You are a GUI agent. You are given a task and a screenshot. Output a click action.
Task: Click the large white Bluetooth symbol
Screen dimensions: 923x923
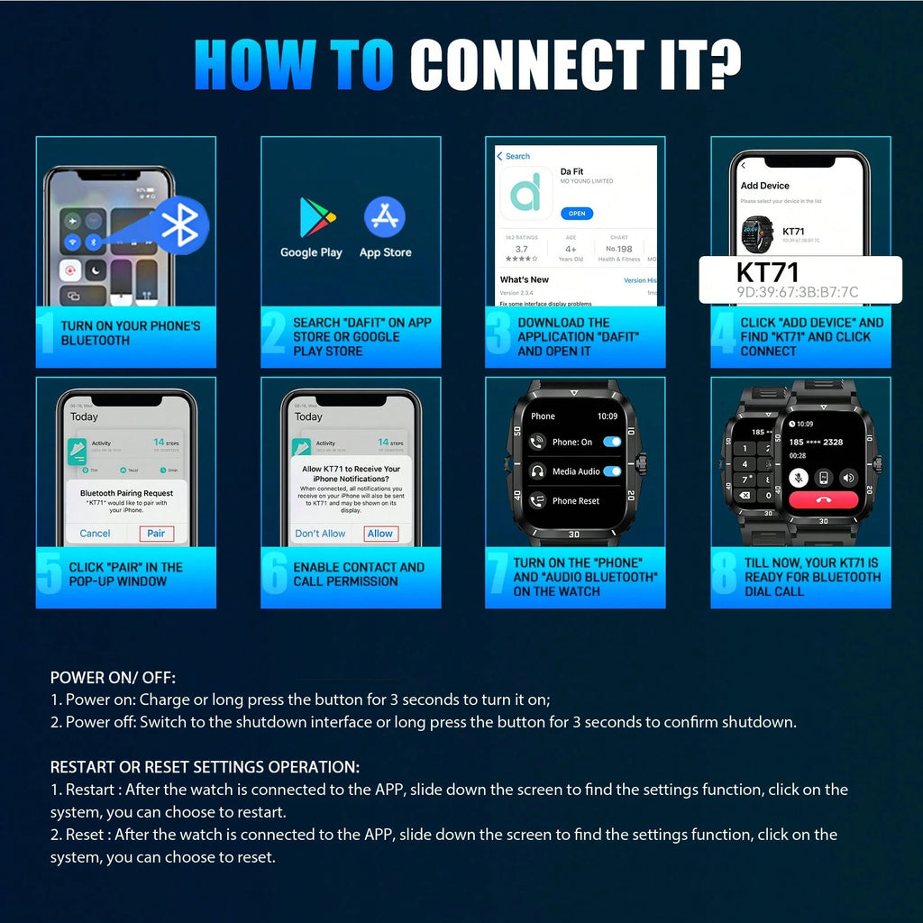pos(179,225)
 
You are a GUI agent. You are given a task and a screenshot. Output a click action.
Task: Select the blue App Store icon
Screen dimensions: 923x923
pos(385,218)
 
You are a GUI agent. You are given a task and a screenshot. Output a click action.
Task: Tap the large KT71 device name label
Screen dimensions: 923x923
pos(768,272)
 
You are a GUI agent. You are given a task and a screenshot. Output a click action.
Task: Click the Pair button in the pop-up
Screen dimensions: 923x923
pos(156,534)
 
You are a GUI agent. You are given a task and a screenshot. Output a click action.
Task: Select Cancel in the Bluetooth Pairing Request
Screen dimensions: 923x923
pos(95,534)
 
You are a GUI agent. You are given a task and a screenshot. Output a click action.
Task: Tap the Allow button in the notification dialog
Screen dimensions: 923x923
pos(380,534)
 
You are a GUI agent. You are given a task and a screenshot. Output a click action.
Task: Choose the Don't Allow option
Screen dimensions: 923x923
pos(320,534)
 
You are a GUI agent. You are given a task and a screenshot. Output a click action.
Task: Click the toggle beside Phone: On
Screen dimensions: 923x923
pos(612,442)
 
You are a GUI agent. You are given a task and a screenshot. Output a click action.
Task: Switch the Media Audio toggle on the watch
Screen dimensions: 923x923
pos(612,471)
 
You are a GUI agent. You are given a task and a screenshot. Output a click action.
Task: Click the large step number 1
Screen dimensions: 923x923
pos(48,333)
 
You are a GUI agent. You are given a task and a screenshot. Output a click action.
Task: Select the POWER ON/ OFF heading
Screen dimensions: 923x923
pos(113,678)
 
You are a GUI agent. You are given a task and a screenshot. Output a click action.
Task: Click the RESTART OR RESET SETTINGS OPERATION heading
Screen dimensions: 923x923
pos(205,767)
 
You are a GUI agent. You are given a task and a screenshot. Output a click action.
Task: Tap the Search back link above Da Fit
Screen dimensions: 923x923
pos(515,156)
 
